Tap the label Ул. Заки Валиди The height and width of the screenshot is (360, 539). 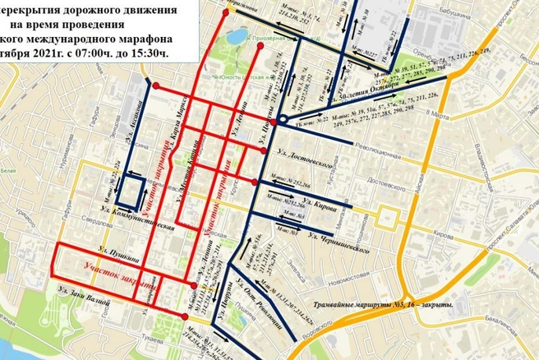point(85,288)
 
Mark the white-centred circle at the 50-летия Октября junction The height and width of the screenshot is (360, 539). point(282,120)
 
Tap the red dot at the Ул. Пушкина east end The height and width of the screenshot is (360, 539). point(194,285)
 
